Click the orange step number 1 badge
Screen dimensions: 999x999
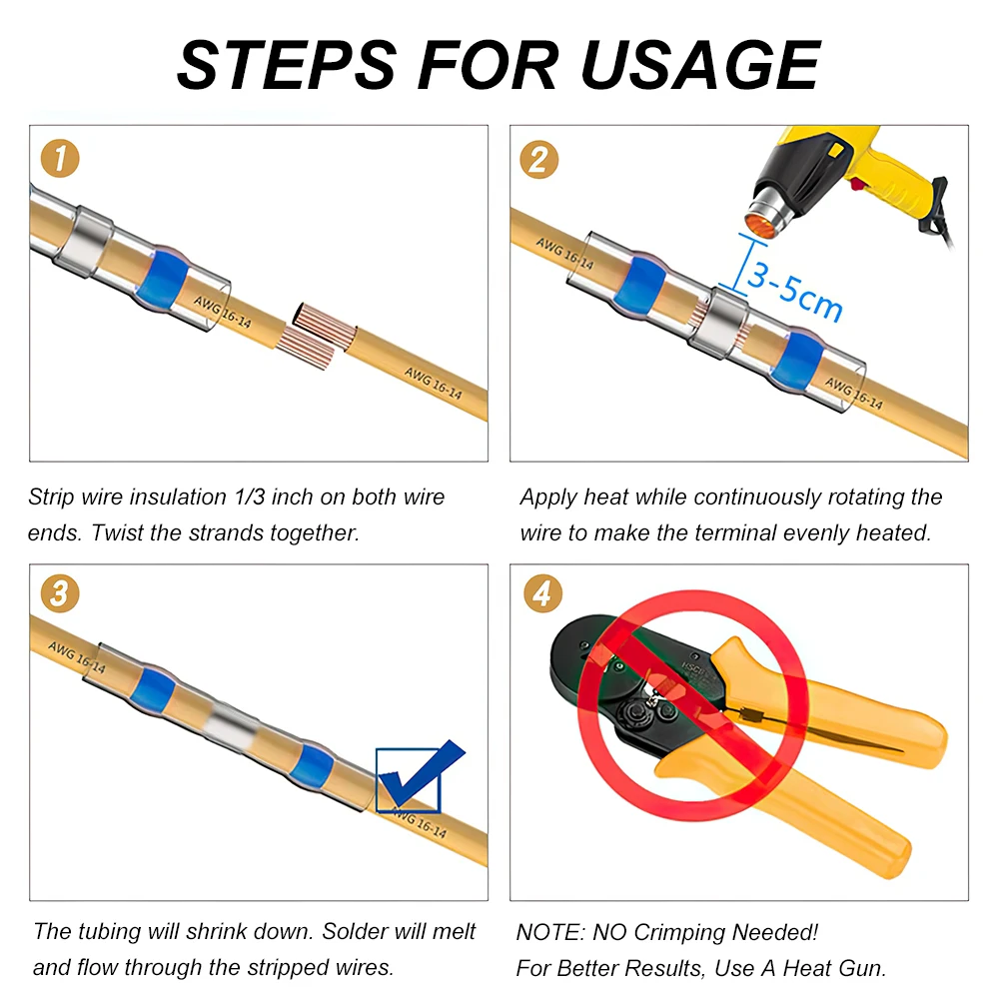tap(60, 159)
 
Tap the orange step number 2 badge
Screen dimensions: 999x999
tap(539, 159)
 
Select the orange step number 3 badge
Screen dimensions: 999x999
tap(60, 593)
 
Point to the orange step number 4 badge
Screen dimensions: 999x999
tap(542, 593)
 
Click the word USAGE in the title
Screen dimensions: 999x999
tap(701, 65)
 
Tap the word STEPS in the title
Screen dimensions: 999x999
tap(287, 65)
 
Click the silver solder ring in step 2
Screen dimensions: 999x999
tap(720, 323)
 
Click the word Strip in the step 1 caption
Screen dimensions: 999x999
tap(51, 498)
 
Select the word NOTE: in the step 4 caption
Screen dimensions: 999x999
tap(549, 932)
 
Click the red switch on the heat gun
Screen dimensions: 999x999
tap(857, 185)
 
